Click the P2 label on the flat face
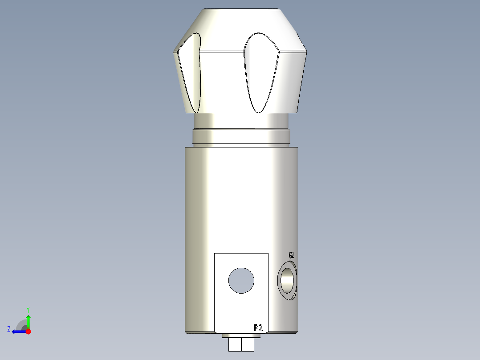click(x=258, y=328)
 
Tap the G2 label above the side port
click(x=291, y=255)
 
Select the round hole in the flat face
click(x=241, y=281)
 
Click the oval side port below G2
click(x=288, y=281)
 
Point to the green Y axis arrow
click(x=28, y=320)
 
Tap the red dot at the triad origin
click(x=28, y=331)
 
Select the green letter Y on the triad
click(x=28, y=309)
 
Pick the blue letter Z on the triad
click(x=9, y=329)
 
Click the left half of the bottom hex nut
click(x=235, y=344)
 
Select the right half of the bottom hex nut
click(x=248, y=344)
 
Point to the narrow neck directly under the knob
click(x=241, y=121)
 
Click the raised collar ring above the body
click(x=241, y=137)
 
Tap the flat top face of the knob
click(x=241, y=9)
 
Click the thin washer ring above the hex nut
click(x=240, y=335)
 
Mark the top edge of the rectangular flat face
click(x=241, y=253)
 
